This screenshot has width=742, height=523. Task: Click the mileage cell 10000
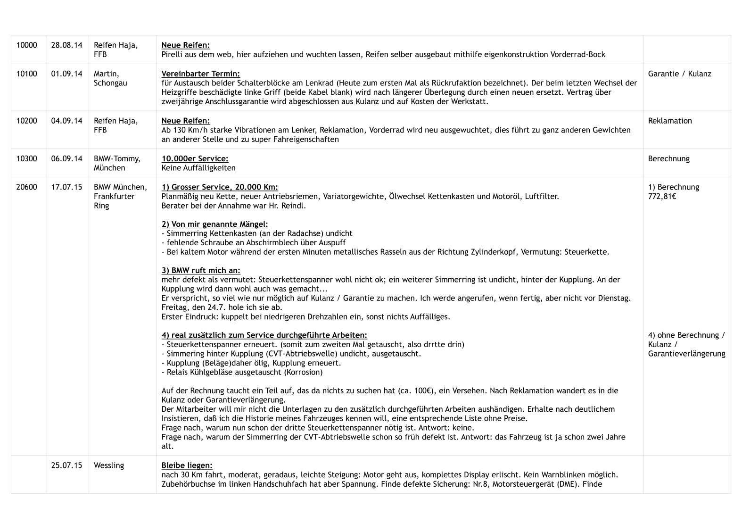point(26,45)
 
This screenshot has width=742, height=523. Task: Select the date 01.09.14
point(66,74)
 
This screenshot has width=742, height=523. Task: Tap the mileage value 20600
point(26,187)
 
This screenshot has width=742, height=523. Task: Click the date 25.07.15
point(66,465)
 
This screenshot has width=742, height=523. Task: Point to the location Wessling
point(109,465)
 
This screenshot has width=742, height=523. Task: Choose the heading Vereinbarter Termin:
point(200,74)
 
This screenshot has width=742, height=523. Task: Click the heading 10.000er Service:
point(195,158)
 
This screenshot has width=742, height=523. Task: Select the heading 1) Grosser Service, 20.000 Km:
point(220,187)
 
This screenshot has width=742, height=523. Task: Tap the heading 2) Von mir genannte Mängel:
point(214,224)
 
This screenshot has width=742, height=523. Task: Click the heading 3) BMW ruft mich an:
point(201,270)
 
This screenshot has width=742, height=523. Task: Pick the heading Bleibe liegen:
point(187,465)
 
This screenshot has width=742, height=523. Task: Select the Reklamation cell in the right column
point(670,121)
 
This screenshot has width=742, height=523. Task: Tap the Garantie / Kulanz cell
point(679,74)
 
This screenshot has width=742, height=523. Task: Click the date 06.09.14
point(66,158)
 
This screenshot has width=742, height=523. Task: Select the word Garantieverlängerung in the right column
point(686,354)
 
